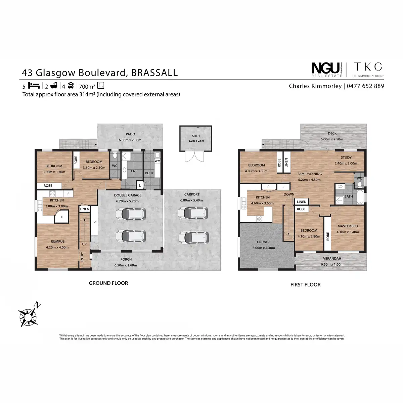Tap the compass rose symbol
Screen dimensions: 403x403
click(28, 314)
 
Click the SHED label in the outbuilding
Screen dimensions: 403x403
click(196, 136)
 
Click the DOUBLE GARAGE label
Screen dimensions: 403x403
click(128, 195)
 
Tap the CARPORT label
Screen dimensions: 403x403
click(192, 194)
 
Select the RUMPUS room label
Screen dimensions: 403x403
click(57, 241)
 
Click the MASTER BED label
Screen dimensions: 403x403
click(348, 226)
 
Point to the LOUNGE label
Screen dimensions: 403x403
click(264, 242)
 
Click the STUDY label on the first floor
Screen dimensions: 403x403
click(346, 158)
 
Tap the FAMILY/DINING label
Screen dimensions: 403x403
click(309, 174)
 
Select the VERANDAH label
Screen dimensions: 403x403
click(332, 259)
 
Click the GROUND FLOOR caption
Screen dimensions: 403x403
click(108, 283)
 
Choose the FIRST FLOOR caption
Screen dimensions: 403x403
click(305, 284)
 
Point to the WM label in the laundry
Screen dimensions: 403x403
click(157, 161)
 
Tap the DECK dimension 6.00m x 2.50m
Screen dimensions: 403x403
click(332, 139)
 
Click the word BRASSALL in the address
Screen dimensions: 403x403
click(154, 73)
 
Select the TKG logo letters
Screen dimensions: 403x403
click(368, 67)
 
